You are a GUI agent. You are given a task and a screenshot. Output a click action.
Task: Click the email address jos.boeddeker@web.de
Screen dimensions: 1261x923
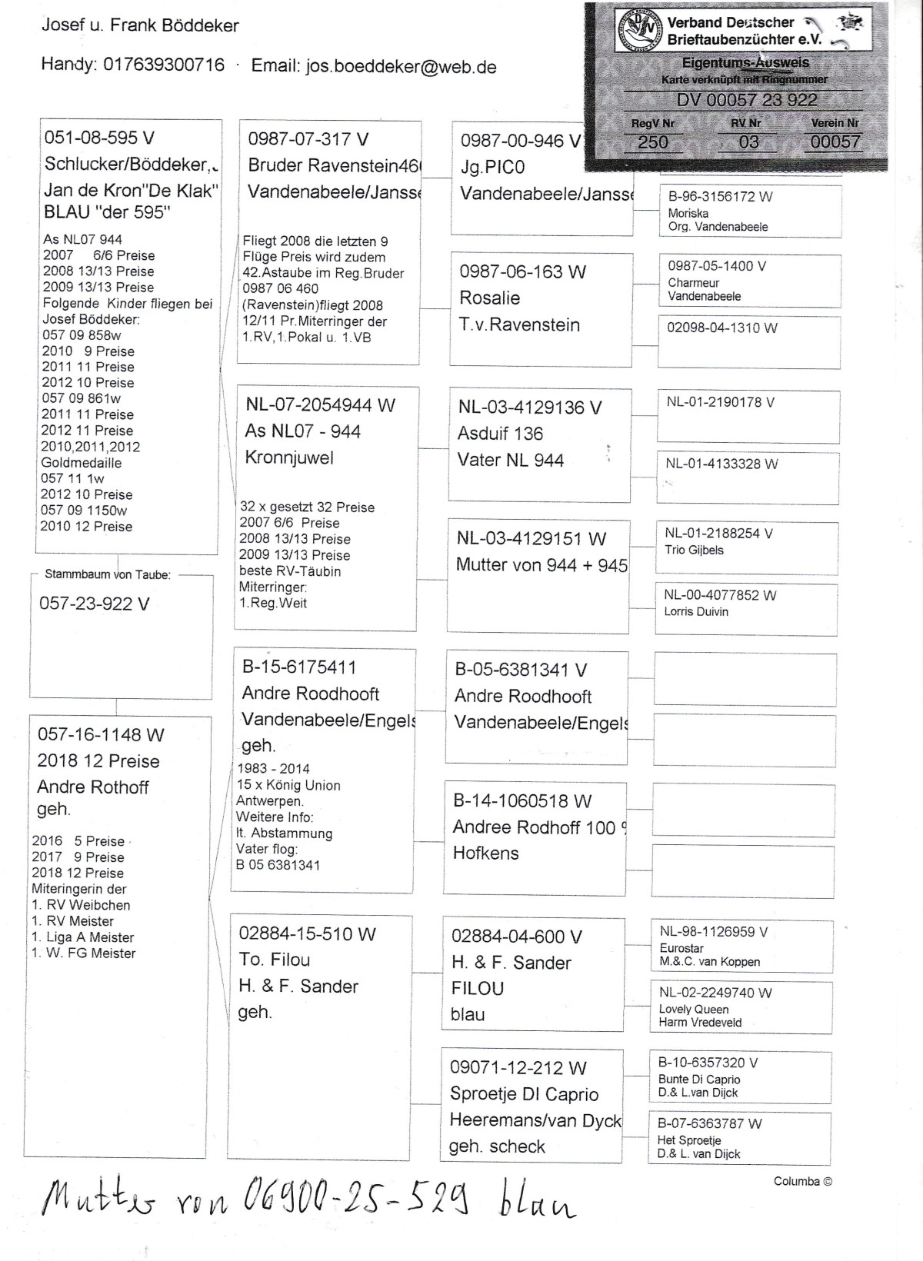(401, 66)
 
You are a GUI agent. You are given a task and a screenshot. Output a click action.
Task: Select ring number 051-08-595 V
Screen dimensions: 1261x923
(100, 138)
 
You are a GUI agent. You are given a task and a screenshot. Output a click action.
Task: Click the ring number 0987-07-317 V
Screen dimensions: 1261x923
(308, 139)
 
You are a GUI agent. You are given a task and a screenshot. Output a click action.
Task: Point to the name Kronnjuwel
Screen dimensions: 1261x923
(289, 457)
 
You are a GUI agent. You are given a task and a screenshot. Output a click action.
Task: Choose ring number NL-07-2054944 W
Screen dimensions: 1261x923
(320, 405)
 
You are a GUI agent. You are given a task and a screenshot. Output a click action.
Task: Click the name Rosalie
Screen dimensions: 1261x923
(490, 298)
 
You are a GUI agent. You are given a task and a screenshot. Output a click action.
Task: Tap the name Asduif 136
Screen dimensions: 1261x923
(500, 434)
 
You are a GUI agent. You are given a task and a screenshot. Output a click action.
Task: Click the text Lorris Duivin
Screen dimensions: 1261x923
(696, 611)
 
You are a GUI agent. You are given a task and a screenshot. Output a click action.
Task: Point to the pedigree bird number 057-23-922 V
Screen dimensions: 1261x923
(94, 604)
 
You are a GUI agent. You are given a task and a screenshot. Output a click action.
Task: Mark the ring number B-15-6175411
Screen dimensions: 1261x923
(299, 667)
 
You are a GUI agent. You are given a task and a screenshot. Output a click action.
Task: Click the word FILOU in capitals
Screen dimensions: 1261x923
(478, 988)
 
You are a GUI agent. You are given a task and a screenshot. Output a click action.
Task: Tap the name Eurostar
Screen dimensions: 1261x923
(681, 948)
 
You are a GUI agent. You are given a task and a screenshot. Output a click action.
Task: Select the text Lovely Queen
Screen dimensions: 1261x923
(693, 1009)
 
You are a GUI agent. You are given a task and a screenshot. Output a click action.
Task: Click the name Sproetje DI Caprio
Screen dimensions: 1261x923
(524, 1094)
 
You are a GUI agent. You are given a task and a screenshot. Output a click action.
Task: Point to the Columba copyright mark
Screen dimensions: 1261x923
(802, 1181)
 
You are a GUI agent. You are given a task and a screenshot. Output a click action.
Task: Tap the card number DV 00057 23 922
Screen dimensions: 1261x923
(747, 100)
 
